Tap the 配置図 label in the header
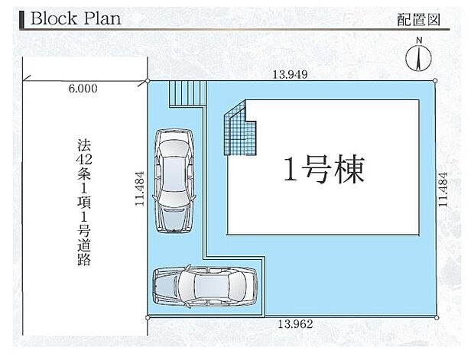[x=419, y=21]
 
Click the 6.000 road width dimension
[x=83, y=89]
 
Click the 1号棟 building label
[x=324, y=167]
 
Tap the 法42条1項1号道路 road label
[x=84, y=203]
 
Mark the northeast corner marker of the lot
[x=435, y=80]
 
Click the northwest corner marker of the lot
[x=148, y=80]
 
